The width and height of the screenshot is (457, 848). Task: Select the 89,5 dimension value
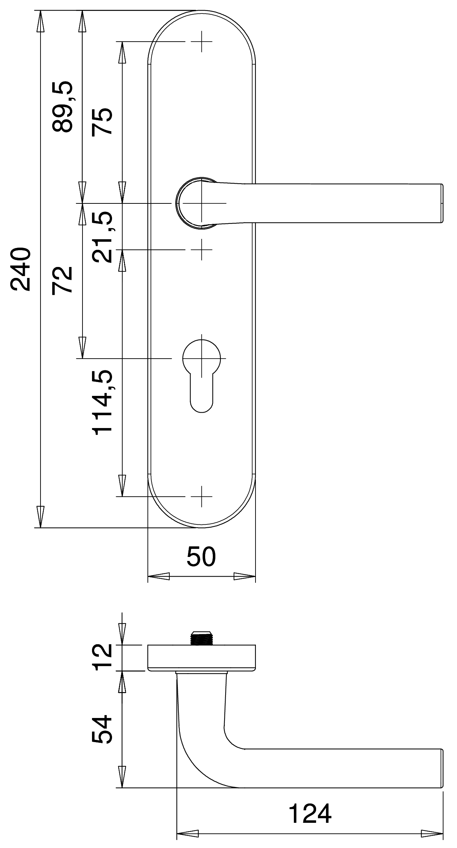[62, 106]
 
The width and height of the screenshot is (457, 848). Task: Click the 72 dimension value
[62, 280]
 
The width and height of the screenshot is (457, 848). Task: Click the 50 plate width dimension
[201, 557]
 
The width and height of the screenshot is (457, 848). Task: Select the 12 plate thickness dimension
[102, 656]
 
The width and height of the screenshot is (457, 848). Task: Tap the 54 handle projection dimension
[102, 729]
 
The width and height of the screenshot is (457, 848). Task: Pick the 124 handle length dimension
[310, 813]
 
